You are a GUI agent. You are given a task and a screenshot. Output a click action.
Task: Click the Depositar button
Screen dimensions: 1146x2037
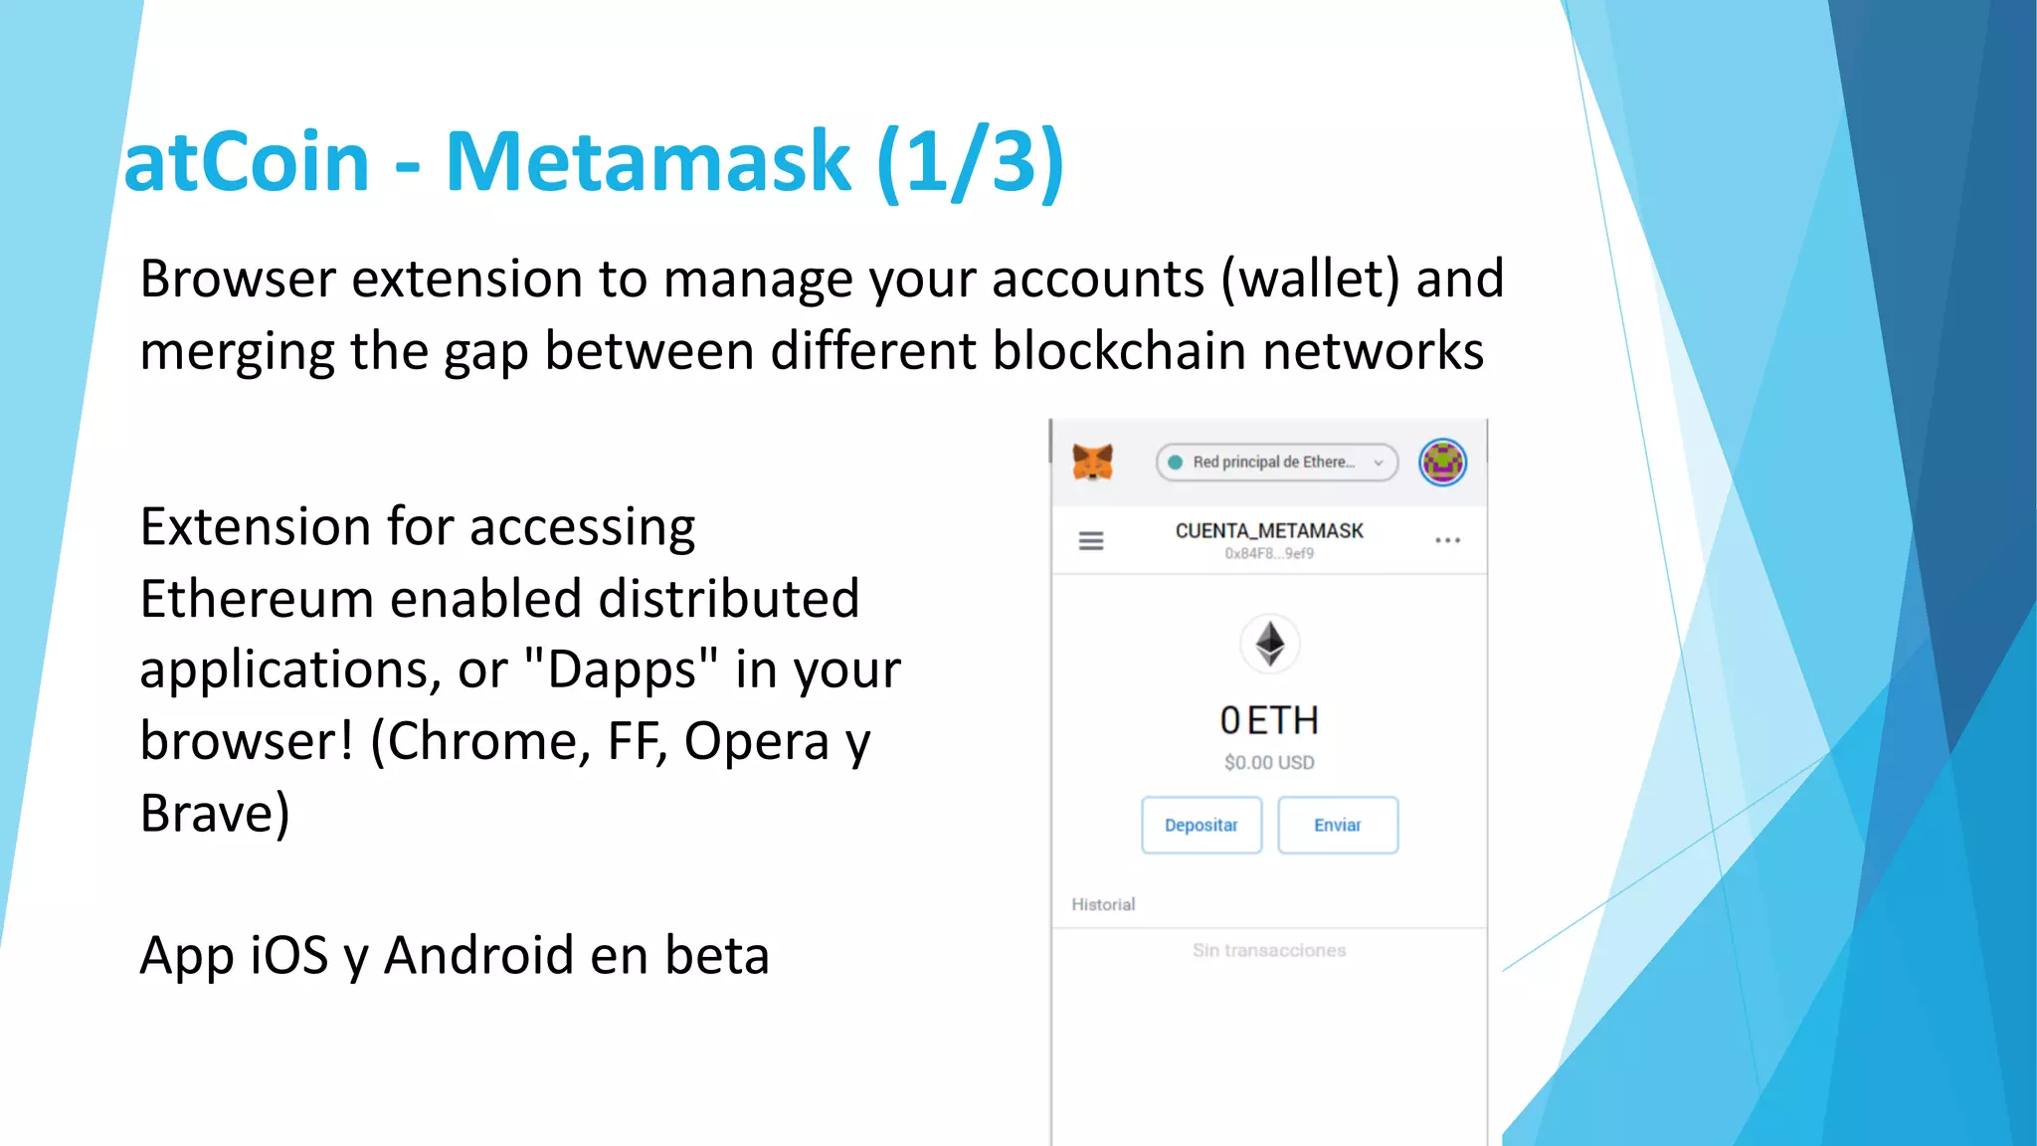coord(1201,825)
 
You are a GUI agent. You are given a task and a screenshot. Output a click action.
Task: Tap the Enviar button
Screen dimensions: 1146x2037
coord(1337,825)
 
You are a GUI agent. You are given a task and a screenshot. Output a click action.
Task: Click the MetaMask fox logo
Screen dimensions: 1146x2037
coord(1092,463)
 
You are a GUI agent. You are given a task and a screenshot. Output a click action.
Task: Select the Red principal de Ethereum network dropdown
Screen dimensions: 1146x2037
coord(1276,463)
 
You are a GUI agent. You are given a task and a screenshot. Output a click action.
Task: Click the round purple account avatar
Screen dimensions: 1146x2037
coord(1442,463)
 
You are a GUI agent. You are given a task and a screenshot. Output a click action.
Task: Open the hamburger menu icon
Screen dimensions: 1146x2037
coord(1091,541)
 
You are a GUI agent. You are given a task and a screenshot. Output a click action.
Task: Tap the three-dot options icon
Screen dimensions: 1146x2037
coord(1447,540)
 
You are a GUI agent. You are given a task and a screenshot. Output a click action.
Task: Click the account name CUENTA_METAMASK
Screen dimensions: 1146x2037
coord(1269,531)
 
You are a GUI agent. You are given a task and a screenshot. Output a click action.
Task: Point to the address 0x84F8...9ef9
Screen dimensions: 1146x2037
coord(1269,554)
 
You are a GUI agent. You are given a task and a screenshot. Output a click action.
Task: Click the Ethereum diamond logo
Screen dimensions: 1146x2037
coord(1269,644)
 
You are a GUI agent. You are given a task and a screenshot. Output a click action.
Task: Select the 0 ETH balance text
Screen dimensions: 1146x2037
coord(1269,720)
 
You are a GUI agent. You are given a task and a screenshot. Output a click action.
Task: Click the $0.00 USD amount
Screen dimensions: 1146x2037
coord(1269,763)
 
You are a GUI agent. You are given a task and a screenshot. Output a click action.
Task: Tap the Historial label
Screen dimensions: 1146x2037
coord(1103,904)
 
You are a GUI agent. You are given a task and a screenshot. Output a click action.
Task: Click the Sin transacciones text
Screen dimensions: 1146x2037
coord(1269,951)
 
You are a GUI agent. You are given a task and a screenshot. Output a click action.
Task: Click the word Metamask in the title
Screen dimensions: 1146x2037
coord(648,161)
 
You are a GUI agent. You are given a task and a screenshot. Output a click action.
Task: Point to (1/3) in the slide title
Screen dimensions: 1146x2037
coord(971,161)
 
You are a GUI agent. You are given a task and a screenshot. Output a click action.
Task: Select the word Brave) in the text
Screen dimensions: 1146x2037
coord(215,814)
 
